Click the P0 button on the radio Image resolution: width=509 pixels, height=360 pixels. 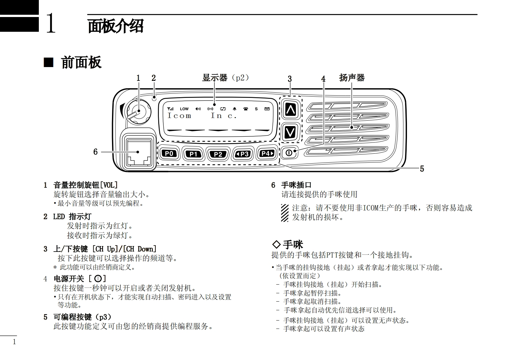pos(169,153)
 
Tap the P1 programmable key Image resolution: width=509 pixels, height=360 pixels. pos(193,154)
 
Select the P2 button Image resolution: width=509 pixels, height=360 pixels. pos(218,154)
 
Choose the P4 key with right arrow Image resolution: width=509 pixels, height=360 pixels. pos(267,153)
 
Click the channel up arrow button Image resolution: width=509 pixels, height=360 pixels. pos(290,110)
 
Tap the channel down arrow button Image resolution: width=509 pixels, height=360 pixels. pos(290,132)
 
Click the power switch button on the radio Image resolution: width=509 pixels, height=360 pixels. pos(289,153)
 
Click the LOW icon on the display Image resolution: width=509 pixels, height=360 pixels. pos(184,109)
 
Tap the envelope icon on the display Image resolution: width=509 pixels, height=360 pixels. pos(267,109)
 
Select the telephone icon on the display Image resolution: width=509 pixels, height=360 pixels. pos(246,109)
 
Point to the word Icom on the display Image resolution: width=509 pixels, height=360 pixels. pos(179,116)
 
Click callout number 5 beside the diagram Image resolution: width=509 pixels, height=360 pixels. pos(422,169)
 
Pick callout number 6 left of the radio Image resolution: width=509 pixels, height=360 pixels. pos(95,152)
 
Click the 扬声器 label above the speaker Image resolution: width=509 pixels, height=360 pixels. pos(352,78)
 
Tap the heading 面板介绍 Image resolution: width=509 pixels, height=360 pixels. pos(116,26)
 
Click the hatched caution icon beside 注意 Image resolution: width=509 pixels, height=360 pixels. pos(285,213)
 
